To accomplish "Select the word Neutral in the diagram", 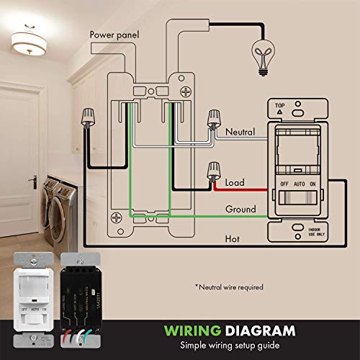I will click(x=240, y=132).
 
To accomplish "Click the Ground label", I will click(x=240, y=209).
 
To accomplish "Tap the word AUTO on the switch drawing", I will click(x=300, y=184).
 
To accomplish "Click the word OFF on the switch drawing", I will click(x=284, y=184).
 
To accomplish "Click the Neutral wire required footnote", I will click(x=229, y=287).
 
